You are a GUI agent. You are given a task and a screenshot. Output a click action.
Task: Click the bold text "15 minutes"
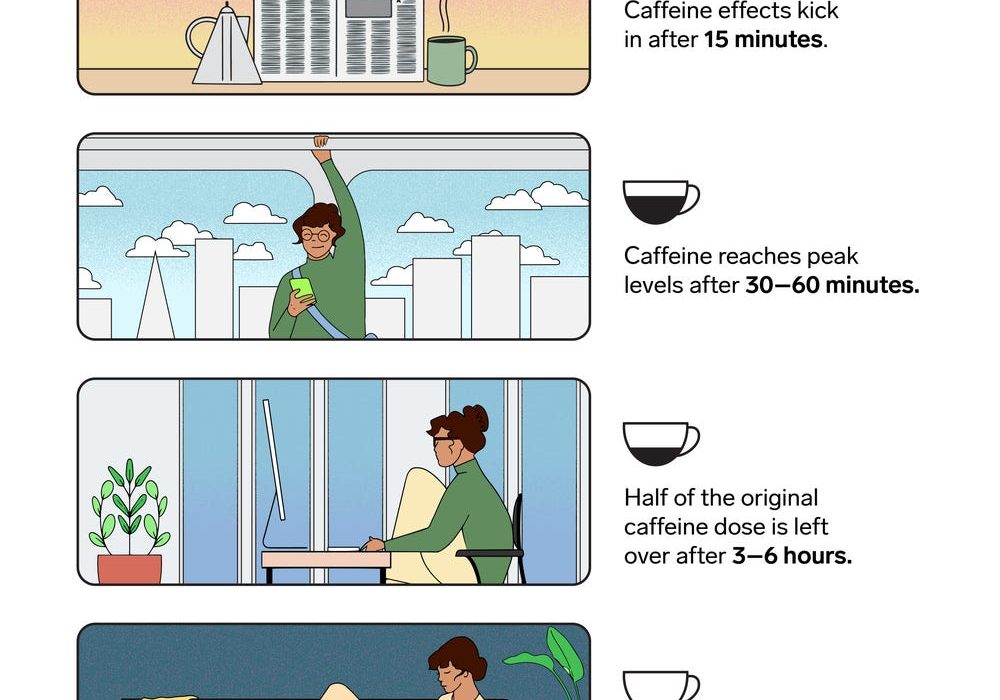pyautogui.click(x=763, y=40)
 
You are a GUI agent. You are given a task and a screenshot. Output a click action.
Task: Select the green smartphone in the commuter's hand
pyautogui.click(x=302, y=289)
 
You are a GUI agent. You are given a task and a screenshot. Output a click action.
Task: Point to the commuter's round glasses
pyautogui.click(x=317, y=235)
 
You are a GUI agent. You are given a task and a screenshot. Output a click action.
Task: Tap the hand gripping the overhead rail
pyautogui.click(x=321, y=142)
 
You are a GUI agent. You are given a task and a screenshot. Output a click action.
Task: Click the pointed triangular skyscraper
pyautogui.click(x=156, y=295)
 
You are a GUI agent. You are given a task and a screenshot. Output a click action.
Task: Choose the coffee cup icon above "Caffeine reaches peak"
pyautogui.click(x=661, y=202)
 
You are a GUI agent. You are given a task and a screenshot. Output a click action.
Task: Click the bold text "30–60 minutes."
pyautogui.click(x=832, y=285)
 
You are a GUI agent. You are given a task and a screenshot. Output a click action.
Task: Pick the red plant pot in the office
pyautogui.click(x=129, y=569)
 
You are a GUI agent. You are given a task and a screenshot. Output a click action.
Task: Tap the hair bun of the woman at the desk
pyautogui.click(x=477, y=418)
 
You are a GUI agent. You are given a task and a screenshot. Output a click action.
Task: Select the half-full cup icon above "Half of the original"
pyautogui.click(x=661, y=444)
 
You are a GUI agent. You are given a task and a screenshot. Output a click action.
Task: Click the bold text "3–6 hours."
pyautogui.click(x=791, y=556)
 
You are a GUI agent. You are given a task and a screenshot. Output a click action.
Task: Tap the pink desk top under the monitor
pyautogui.click(x=326, y=560)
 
